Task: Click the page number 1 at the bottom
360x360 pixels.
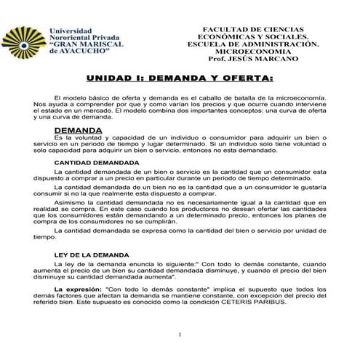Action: point(180,335)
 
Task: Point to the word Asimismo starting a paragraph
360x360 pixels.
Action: point(69,204)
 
